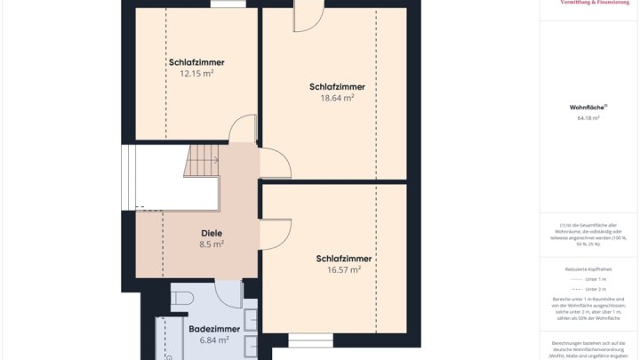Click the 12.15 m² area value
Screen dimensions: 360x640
pos(196,74)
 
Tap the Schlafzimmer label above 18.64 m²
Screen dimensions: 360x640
pos(337,87)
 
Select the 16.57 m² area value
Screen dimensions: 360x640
pos(343,270)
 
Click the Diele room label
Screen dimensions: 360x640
pos(212,233)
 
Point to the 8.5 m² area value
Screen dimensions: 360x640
pos(212,244)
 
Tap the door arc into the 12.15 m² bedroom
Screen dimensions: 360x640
pos(243,131)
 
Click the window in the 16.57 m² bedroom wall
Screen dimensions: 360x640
pos(310,340)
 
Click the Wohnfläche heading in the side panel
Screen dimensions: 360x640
pos(586,107)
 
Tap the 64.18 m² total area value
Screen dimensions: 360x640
pos(585,117)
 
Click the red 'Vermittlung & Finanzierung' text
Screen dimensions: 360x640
pos(589,3)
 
